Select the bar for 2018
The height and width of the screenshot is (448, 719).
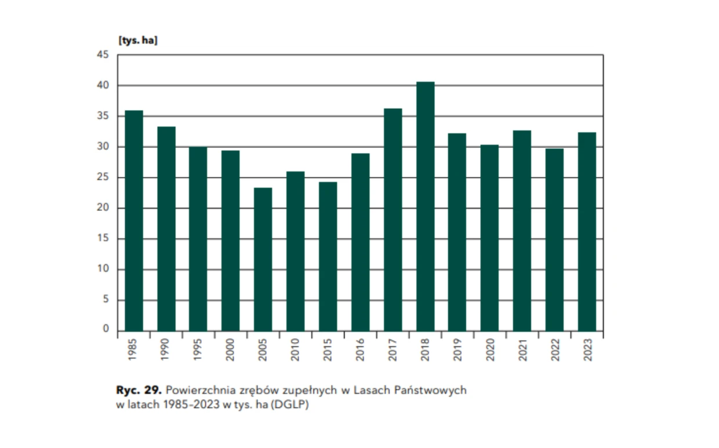[425, 206]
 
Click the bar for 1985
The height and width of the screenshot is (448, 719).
[134, 221]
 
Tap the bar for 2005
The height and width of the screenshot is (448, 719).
[263, 259]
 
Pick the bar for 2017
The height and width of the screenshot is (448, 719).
[393, 220]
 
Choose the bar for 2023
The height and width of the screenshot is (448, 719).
[587, 232]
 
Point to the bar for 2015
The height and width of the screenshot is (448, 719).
[328, 256]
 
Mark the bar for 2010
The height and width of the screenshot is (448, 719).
[296, 251]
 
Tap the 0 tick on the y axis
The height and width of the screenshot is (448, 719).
[106, 330]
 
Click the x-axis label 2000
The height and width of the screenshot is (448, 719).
[231, 350]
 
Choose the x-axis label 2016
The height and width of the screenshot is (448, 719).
[361, 350]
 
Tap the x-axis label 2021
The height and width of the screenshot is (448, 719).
[522, 350]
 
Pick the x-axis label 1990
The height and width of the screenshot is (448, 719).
[166, 350]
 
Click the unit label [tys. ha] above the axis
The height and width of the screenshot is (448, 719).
[138, 41]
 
